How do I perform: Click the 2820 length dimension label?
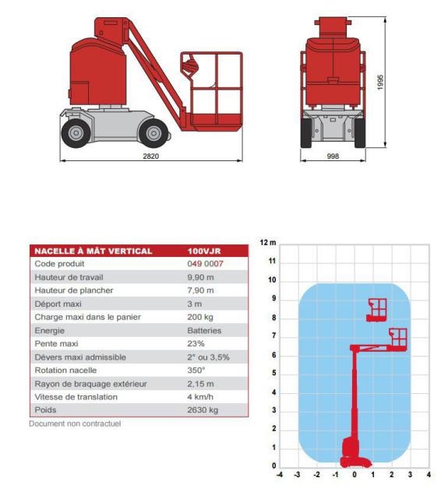[151, 156]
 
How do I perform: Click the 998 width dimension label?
[333, 156]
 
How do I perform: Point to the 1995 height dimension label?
[380, 83]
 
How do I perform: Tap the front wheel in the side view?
[153, 133]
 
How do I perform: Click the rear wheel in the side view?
[76, 133]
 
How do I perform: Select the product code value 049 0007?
[206, 264]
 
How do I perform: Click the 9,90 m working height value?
[200, 277]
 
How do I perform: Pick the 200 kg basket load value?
[200, 317]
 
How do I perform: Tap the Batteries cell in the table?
[204, 331]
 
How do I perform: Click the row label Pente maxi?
[57, 344]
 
